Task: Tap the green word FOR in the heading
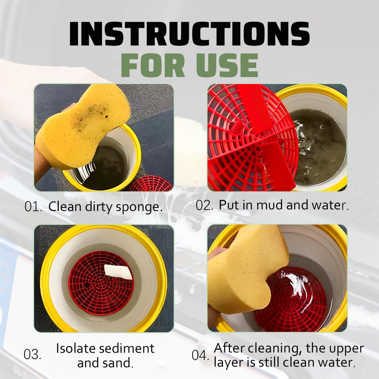tap(153, 65)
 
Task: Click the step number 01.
tap(33, 207)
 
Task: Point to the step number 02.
tap(204, 205)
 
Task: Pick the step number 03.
tap(32, 355)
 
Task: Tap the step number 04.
tap(201, 355)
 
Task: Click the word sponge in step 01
tap(139, 208)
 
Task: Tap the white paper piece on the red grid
tap(118, 272)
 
